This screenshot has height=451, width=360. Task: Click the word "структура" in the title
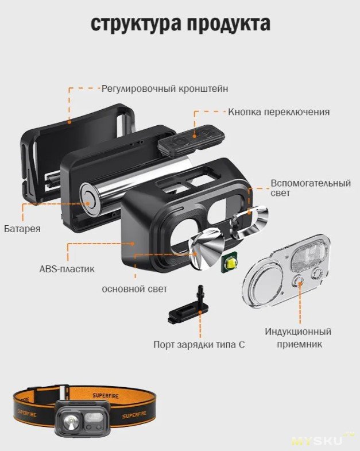click(136, 24)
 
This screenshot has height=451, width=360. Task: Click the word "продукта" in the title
click(229, 24)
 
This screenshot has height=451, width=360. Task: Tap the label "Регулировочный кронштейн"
click(165, 88)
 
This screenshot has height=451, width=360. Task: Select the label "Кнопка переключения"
click(279, 111)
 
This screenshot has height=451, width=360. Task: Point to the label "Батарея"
click(22, 229)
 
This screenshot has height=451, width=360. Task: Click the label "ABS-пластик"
click(67, 269)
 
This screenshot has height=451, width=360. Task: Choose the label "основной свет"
click(134, 289)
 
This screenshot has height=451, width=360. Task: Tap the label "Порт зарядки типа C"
click(199, 345)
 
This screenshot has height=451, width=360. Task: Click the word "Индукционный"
click(298, 331)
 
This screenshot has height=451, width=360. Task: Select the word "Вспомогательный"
click(311, 183)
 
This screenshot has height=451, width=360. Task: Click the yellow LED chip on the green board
click(231, 263)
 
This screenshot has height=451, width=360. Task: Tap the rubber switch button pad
click(191, 141)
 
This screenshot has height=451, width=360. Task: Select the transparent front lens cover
click(287, 272)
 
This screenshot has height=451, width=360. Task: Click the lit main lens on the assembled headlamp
click(71, 421)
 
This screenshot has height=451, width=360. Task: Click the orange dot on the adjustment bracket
click(69, 122)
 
